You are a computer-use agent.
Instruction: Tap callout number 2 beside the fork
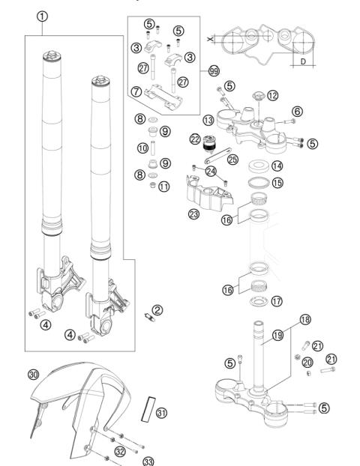157,309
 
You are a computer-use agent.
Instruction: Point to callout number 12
272,96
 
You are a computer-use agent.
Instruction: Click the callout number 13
207,120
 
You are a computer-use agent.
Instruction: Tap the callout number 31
160,413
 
